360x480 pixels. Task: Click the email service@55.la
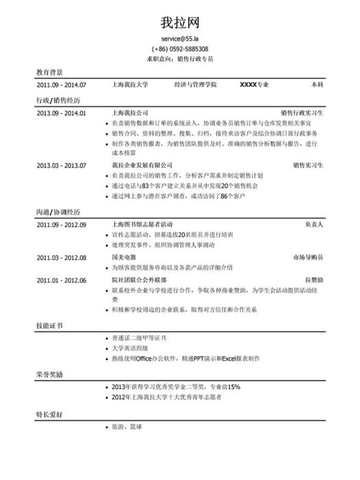180,40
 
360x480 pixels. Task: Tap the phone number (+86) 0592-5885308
180,49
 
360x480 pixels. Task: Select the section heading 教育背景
50,72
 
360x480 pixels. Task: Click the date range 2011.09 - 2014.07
62,85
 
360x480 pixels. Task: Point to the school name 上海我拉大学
129,85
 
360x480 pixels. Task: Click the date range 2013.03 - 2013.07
62,165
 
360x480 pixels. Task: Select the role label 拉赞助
314,280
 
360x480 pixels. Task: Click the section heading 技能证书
50,326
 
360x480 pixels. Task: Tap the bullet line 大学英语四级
129,349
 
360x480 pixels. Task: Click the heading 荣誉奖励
50,375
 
